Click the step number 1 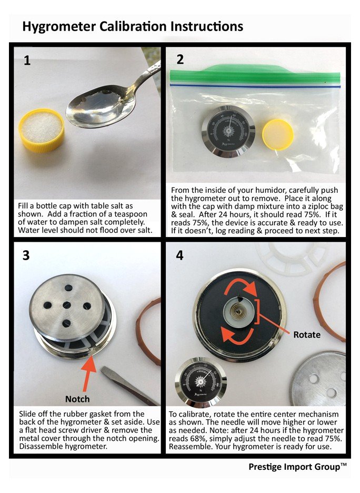point(27,60)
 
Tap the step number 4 point(179,255)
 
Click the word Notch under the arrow point(77,399)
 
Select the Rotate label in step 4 point(307,334)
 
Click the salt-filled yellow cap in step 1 point(41,130)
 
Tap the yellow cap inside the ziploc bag point(278,134)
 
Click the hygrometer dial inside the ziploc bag point(228,131)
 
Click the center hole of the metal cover point(67,304)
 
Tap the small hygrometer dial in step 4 point(200,382)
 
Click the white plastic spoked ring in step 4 point(292,258)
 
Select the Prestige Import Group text point(297,467)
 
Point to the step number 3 point(26,255)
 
